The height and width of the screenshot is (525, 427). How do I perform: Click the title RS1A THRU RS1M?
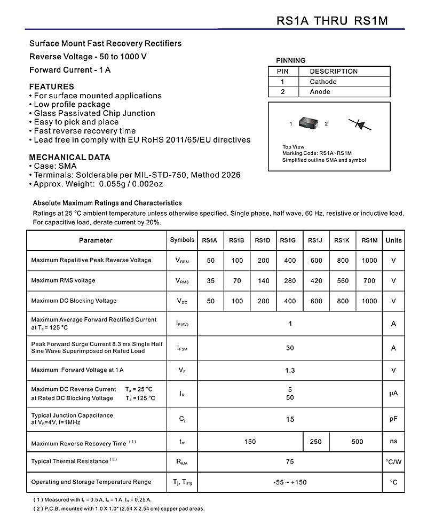click(x=332, y=20)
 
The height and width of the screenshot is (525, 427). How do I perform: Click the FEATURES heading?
click(x=51, y=87)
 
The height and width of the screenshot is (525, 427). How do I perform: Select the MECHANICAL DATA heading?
click(x=69, y=158)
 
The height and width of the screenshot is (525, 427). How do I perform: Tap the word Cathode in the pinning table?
click(x=323, y=82)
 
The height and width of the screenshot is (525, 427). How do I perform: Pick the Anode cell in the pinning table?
click(x=320, y=92)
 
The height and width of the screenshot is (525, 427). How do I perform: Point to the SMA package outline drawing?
click(x=309, y=123)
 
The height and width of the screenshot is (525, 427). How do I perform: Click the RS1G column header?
click(x=289, y=240)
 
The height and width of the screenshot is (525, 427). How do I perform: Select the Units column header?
click(x=393, y=240)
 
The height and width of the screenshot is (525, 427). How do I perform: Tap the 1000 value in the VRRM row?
click(x=369, y=261)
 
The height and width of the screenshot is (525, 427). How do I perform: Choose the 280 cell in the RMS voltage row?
click(x=289, y=281)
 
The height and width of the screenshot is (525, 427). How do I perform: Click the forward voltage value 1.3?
click(x=290, y=370)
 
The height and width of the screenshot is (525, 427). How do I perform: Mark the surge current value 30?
click(x=290, y=348)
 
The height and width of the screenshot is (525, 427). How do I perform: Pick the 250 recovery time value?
click(x=315, y=442)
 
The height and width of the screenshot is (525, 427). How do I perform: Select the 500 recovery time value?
click(x=357, y=442)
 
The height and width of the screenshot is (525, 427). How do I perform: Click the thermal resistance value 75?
click(x=290, y=461)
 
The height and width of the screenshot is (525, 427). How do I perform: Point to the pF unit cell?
click(x=393, y=419)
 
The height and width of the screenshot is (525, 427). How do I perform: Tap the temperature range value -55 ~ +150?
click(x=290, y=482)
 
